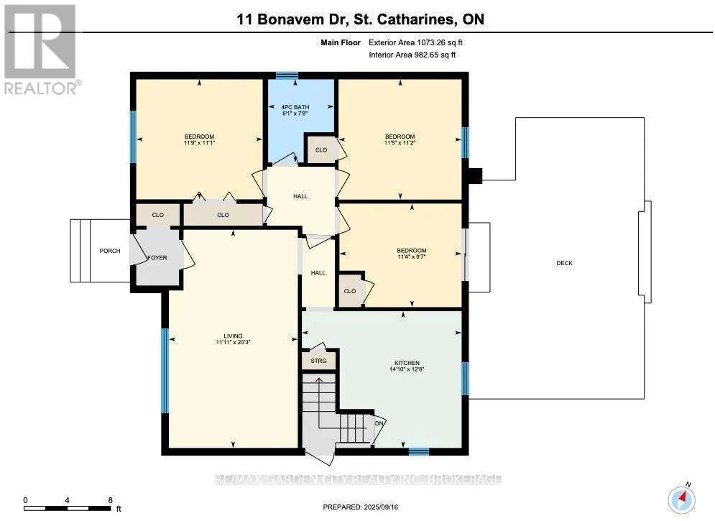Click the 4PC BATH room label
(x=295, y=107)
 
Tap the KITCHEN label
(x=407, y=364)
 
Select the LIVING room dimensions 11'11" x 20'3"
(x=233, y=342)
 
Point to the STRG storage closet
(x=319, y=361)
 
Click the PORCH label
(x=110, y=251)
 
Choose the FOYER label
(x=157, y=257)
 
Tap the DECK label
(x=565, y=263)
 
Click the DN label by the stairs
(x=379, y=423)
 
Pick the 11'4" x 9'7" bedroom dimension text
(x=412, y=257)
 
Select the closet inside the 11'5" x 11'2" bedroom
(x=321, y=149)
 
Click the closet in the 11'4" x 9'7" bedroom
(x=350, y=291)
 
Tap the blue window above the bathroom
(x=287, y=75)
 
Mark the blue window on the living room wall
(x=165, y=370)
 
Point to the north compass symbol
(x=682, y=499)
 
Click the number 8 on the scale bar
(x=111, y=500)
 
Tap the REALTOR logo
(x=41, y=50)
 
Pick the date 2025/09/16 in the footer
(x=381, y=507)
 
